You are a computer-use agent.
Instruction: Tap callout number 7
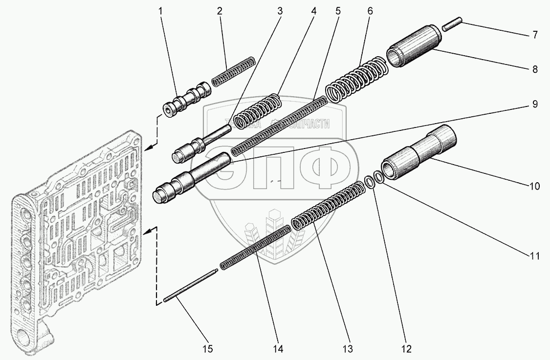[535, 35]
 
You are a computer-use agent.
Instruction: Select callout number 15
[208, 348]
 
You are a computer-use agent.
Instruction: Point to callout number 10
[534, 186]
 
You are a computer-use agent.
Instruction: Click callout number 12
[407, 348]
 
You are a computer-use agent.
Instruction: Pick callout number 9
[535, 104]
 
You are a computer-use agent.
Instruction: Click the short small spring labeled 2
[233, 71]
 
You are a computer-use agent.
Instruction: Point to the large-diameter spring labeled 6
[357, 78]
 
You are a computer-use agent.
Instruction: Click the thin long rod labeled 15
[191, 287]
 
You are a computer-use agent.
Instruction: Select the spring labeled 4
[257, 111]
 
